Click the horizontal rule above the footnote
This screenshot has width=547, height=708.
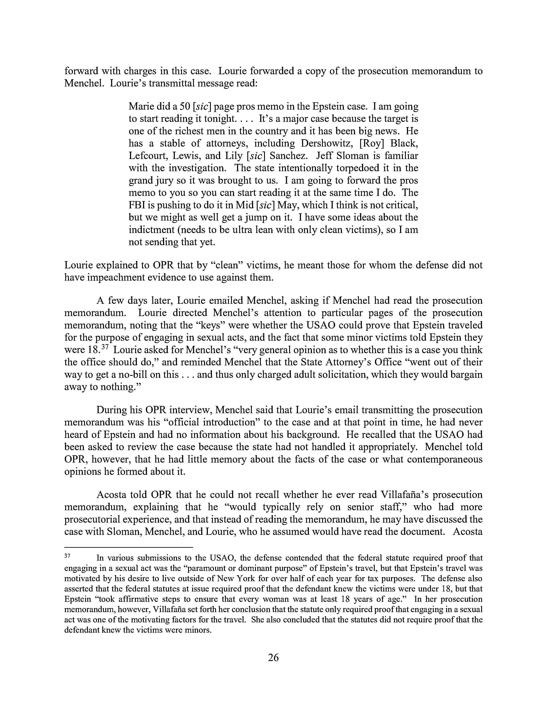click(x=128, y=547)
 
